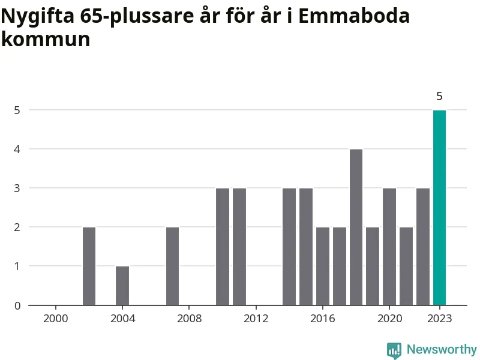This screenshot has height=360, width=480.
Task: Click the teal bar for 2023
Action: [x=439, y=208]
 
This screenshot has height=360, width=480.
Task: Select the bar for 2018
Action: [x=356, y=227]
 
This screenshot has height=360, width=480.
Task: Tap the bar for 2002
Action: [x=89, y=266]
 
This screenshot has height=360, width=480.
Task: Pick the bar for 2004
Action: [x=122, y=286]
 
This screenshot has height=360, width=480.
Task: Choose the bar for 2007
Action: [x=172, y=266]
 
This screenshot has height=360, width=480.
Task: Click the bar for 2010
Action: [x=223, y=247]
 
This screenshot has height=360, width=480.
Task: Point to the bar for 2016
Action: [x=323, y=266]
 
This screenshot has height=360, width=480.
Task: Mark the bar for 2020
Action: [x=389, y=247]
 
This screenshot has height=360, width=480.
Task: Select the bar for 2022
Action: [x=423, y=247]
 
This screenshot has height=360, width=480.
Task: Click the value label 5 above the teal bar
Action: [x=439, y=96]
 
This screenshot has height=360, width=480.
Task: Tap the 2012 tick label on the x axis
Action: [x=256, y=318]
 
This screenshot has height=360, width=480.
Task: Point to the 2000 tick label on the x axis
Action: [x=56, y=318]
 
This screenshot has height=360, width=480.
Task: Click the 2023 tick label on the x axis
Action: [x=439, y=318]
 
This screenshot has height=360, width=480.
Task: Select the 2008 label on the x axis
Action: [x=189, y=318]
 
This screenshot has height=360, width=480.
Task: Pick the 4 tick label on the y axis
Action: [x=17, y=149]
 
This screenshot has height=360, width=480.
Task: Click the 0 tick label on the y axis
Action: [x=17, y=305]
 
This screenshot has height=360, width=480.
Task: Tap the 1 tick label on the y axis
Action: [x=17, y=266]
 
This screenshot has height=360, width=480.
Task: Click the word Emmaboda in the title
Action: [x=354, y=16]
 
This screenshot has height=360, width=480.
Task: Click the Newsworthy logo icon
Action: [x=394, y=350]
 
